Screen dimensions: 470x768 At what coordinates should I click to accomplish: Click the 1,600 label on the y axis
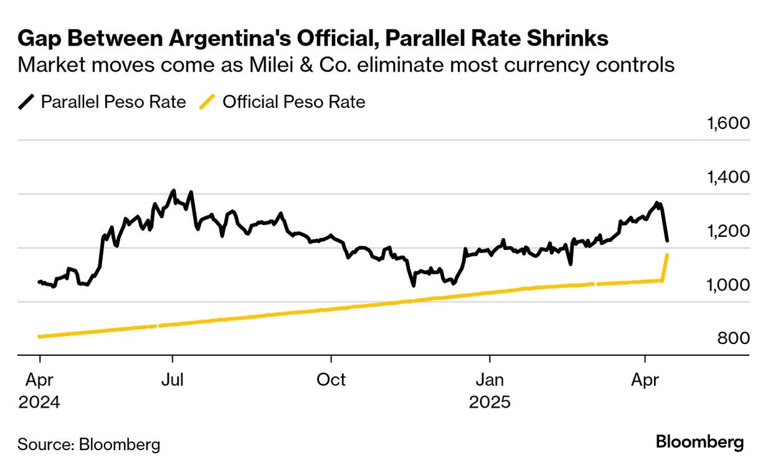[x=728, y=123]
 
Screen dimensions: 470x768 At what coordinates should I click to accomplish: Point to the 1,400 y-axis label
[x=728, y=177]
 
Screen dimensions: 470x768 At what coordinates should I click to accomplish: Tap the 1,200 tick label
[x=728, y=231]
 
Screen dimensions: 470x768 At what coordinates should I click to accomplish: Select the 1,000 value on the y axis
[x=728, y=285]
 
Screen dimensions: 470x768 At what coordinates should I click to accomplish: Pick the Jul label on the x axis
[x=172, y=380]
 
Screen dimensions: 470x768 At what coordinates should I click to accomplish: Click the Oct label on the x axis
[x=331, y=380]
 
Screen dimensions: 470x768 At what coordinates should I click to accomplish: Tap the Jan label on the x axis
[x=490, y=380]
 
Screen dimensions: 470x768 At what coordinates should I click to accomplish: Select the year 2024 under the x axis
[x=39, y=402]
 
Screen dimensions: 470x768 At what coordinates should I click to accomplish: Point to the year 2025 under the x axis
[x=490, y=402]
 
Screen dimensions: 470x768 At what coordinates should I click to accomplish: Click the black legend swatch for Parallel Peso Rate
[x=27, y=102]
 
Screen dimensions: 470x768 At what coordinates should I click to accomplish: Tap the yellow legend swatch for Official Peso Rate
[x=209, y=102]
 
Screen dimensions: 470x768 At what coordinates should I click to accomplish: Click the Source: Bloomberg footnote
[x=88, y=444]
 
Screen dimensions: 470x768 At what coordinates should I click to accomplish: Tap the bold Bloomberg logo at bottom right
[x=700, y=443]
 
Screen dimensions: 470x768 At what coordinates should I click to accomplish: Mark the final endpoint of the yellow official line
[x=668, y=255]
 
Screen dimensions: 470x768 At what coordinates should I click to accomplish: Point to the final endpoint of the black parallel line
[x=668, y=240]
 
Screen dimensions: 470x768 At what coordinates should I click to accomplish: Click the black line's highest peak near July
[x=173, y=191]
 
